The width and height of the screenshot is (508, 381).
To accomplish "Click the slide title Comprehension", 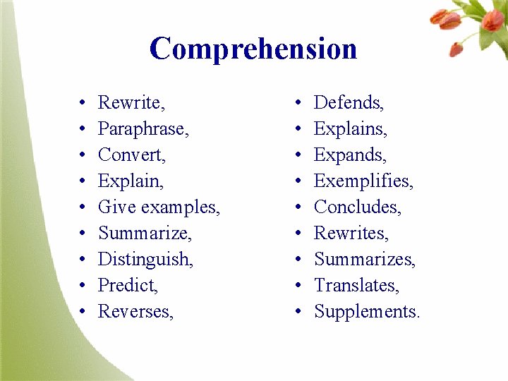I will tap(253, 49).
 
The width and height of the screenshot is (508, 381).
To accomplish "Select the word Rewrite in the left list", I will tap(131, 103).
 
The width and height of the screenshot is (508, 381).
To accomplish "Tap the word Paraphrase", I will tap(143, 129).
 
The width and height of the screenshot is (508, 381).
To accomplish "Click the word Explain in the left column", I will tap(131, 181).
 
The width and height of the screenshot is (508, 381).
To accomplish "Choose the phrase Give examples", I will tap(159, 207).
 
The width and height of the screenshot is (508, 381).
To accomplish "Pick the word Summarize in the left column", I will tap(145, 234).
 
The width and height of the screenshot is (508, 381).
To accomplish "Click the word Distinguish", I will tap(145, 260).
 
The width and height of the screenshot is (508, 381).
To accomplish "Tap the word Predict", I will tap(128, 286).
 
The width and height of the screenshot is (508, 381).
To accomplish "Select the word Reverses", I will tap(135, 312).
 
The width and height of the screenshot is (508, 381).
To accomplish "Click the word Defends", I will tap(349, 103).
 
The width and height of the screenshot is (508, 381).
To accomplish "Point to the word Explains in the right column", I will tap(350, 129).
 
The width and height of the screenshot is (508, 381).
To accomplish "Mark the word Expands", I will tap(350, 155).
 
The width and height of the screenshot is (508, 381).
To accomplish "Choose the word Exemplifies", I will tap(363, 181).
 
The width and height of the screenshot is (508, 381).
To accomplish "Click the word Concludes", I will tap(357, 207).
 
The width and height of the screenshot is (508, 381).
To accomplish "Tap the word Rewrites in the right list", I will tap(351, 234).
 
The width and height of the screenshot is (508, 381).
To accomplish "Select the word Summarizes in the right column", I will tap(364, 260).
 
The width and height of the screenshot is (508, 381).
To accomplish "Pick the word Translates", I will tap(356, 286).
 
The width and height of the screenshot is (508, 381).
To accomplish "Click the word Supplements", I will tap(366, 312).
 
